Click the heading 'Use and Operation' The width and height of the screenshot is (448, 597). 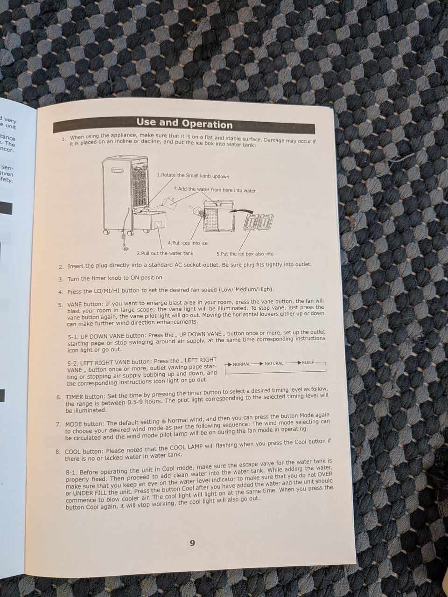[x=184, y=123]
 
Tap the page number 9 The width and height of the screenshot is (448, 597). [x=192, y=543]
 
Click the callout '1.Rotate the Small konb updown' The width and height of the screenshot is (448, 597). [x=193, y=176]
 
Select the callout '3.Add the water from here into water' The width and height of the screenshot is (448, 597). [x=215, y=190]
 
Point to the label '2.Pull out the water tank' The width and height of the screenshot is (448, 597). [x=165, y=253]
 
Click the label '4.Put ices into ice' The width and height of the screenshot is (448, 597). [x=188, y=243]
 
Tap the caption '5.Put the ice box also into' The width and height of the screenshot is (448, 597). [x=245, y=254]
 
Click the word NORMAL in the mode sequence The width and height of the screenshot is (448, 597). [x=241, y=364]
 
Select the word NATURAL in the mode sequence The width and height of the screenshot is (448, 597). [x=274, y=363]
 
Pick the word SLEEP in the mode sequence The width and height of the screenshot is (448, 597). [x=308, y=362]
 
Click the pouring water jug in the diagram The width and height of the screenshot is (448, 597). [x=168, y=201]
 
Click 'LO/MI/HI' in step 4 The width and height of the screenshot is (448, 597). [x=107, y=291]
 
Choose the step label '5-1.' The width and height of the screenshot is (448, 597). [x=73, y=337]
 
